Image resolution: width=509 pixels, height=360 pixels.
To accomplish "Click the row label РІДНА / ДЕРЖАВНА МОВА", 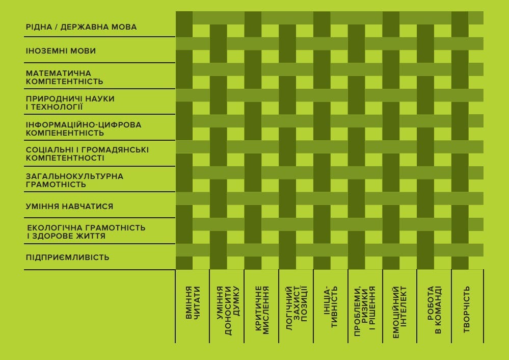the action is pos(81,27).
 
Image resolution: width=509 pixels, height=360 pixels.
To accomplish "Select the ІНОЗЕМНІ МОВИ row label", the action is pos(61,51).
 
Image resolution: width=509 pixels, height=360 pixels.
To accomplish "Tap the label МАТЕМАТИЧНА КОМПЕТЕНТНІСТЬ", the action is pos(64,78).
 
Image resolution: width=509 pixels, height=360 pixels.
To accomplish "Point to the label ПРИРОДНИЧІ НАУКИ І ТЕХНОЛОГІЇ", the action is pos(70,102).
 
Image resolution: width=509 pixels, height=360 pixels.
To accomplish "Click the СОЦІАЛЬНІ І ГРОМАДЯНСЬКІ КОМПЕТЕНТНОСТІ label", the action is pos(87,154).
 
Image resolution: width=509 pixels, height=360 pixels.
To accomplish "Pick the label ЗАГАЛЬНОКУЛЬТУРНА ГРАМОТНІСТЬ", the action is pos(74,181).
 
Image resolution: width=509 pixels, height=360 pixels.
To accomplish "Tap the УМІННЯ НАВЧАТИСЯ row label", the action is pos(69,207).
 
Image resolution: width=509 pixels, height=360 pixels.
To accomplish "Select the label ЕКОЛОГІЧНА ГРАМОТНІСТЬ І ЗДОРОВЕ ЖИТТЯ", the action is pos(86,232).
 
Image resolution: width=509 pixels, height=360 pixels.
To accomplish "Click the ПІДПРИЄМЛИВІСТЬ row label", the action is pos(68,258).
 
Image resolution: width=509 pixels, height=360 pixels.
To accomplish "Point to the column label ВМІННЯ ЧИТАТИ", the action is pos(193,302).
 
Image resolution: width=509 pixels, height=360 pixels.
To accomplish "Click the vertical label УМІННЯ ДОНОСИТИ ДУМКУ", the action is pos(228,311).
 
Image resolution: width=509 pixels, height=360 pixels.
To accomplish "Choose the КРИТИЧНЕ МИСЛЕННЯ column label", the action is pos(262,310).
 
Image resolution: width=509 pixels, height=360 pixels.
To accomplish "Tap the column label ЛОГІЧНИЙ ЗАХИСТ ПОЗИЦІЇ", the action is pos(297,308).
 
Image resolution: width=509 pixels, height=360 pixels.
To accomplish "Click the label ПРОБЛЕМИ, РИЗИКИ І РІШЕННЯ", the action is pos(365,311).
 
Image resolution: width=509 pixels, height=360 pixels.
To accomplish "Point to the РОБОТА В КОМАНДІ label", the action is pos(434,310).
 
